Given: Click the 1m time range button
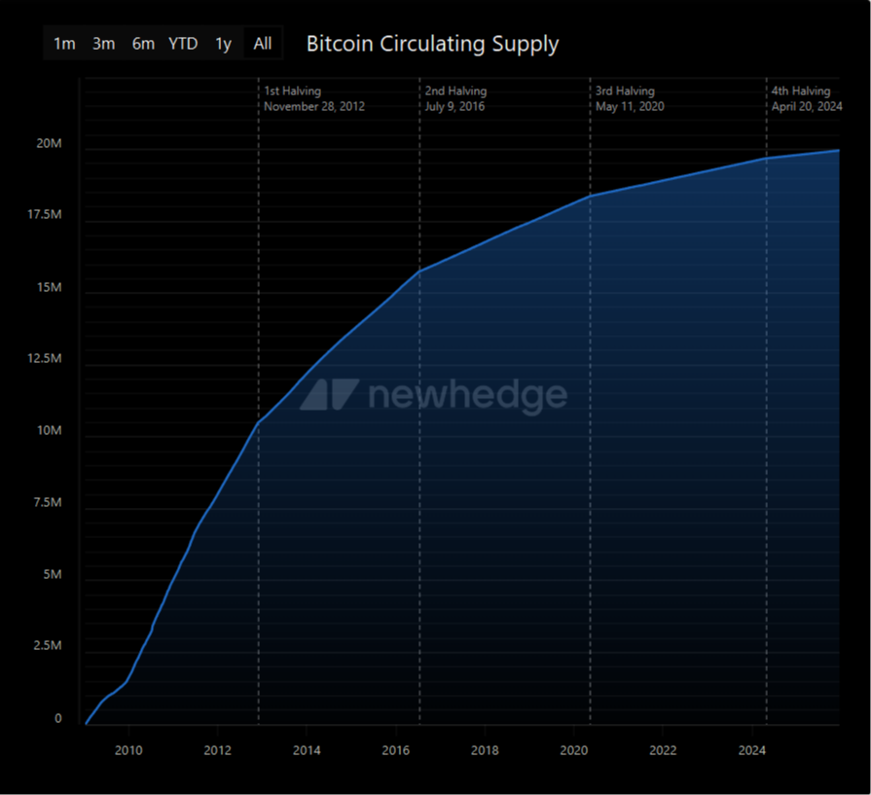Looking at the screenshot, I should pyautogui.click(x=64, y=44).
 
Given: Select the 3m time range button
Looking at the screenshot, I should pyautogui.click(x=103, y=44).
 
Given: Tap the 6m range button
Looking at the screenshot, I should pyautogui.click(x=143, y=44).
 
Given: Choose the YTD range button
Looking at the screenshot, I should pyautogui.click(x=183, y=44).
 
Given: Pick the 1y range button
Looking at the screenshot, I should pyautogui.click(x=224, y=44).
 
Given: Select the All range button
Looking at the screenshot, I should pyautogui.click(x=263, y=44).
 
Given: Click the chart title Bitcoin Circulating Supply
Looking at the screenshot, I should pyautogui.click(x=432, y=44).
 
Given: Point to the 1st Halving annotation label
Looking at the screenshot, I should pyautogui.click(x=293, y=91).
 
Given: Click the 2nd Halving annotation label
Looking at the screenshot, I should pyautogui.click(x=455, y=91).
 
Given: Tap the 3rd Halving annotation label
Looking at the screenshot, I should pyautogui.click(x=625, y=91).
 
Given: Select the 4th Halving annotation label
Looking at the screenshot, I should pyautogui.click(x=801, y=91).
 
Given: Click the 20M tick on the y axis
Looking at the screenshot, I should pyautogui.click(x=49, y=144).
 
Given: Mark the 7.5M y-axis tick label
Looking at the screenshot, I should pyautogui.click(x=46, y=503).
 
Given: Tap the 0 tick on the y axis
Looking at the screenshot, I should pyautogui.click(x=58, y=719).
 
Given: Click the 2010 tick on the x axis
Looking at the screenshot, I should pyautogui.click(x=128, y=750).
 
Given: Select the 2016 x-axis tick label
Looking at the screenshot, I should pyautogui.click(x=395, y=750).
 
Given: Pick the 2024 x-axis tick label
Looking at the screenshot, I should pyautogui.click(x=751, y=750).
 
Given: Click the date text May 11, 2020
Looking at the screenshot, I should pyautogui.click(x=630, y=106).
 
